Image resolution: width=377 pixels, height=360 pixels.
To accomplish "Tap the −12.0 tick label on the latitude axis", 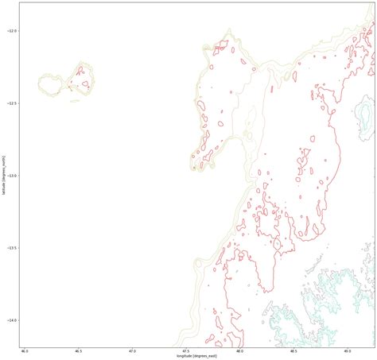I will [12, 31].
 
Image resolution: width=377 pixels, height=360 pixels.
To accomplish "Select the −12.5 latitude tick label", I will [12, 103].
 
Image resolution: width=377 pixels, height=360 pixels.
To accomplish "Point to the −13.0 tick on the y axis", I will [12, 176].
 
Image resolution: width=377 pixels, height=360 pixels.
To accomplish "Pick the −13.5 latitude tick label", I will [12, 248].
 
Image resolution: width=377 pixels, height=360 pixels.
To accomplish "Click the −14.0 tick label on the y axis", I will [12, 320].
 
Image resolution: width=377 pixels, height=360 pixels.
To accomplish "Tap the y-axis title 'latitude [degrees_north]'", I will [4, 175].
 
